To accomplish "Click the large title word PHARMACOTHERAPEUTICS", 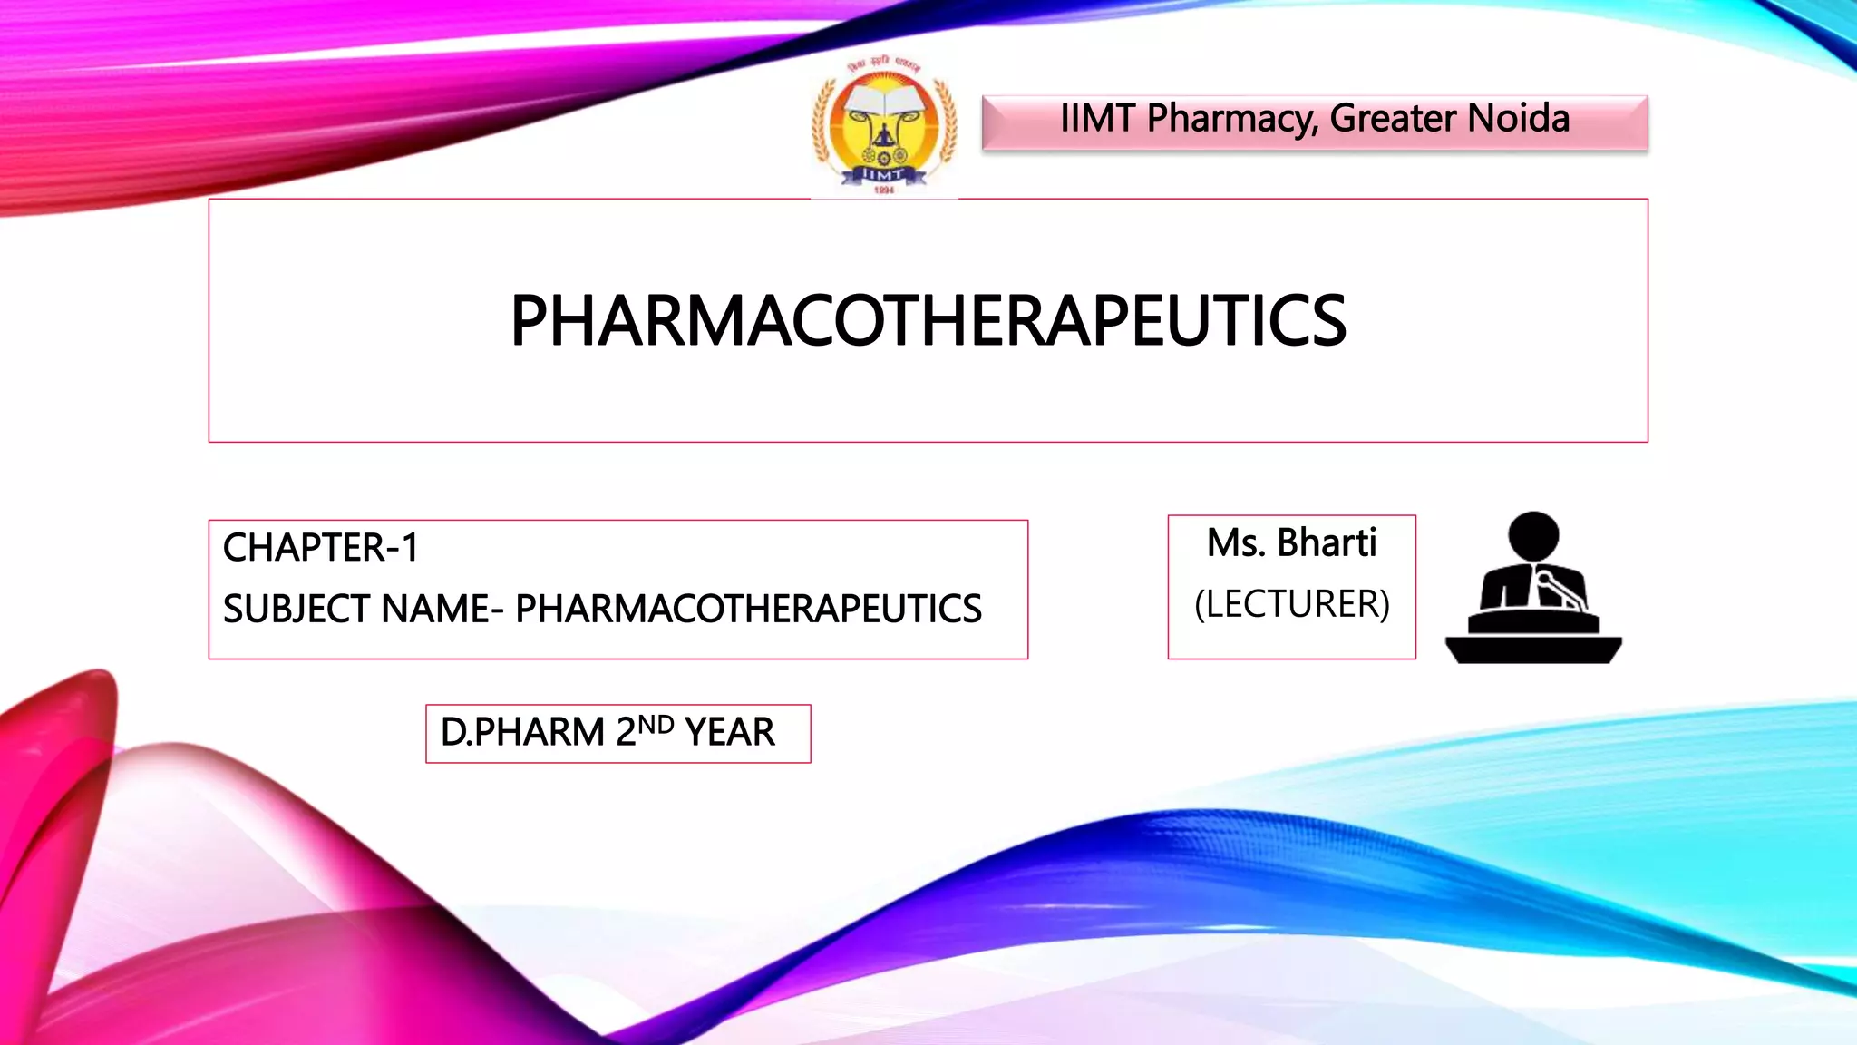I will pyautogui.click(x=928, y=321).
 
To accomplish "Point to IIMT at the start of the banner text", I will pyautogui.click(x=1097, y=119).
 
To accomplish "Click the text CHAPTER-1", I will pyautogui.click(x=321, y=548).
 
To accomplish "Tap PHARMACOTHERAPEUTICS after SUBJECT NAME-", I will pyautogui.click(x=748, y=609).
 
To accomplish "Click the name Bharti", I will pyautogui.click(x=1327, y=543).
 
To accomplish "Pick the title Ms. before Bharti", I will pyautogui.click(x=1235, y=543).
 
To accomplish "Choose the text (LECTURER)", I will pyautogui.click(x=1292, y=604).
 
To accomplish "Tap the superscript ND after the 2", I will pyautogui.click(x=656, y=725).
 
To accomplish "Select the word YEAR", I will pyautogui.click(x=730, y=732).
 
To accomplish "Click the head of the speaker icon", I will pyautogui.click(x=1533, y=536).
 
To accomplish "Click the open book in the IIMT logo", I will pyautogui.click(x=884, y=101).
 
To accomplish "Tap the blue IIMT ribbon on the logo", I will pyautogui.click(x=882, y=174).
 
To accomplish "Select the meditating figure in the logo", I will pyautogui.click(x=883, y=138).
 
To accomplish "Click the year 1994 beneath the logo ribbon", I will pyautogui.click(x=883, y=190).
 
